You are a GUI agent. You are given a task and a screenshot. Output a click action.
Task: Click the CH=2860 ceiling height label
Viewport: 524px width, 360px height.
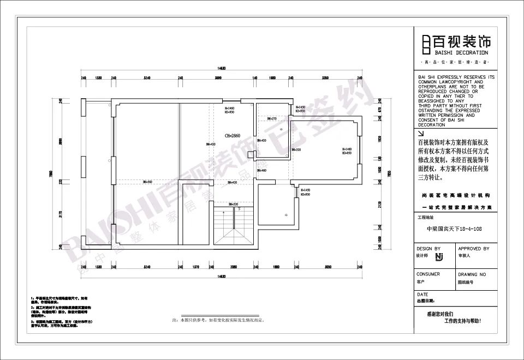tap(233, 135)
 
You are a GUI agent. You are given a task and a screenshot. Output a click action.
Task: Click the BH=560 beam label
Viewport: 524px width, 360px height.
tap(147, 182)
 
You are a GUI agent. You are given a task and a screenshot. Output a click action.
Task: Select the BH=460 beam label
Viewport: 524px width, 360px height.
tap(261, 171)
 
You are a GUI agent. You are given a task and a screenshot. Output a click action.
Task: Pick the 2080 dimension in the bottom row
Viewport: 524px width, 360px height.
tap(233, 267)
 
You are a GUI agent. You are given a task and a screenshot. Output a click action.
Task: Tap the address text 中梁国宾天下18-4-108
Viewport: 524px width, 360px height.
tap(454, 230)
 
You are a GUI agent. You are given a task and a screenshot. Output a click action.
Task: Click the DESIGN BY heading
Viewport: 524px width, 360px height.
tap(428, 249)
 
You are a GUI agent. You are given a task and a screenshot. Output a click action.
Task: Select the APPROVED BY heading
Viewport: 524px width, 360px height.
tap(474, 249)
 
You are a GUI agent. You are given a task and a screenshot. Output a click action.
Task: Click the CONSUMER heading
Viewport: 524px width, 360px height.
tap(428, 274)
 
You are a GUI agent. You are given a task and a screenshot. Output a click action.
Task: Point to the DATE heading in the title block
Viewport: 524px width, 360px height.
tap(422, 295)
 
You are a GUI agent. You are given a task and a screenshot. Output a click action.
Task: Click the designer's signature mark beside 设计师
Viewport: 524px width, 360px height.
tap(438, 256)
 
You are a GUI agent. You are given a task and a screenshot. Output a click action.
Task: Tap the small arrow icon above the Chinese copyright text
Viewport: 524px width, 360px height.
tap(420, 133)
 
